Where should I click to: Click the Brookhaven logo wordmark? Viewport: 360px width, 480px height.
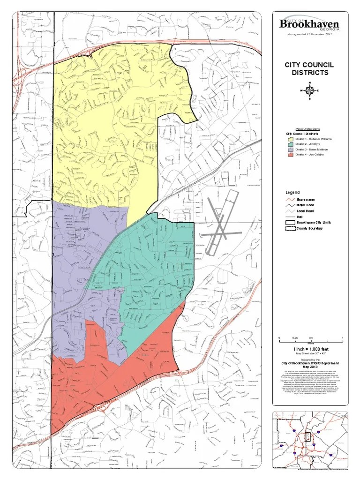coord(309,24)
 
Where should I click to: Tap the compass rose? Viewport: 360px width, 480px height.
coord(309,90)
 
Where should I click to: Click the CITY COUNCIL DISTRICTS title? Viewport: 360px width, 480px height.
coord(310,68)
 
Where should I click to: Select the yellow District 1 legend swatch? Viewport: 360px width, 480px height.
coord(291,139)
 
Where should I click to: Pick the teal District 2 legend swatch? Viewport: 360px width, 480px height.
coord(291,144)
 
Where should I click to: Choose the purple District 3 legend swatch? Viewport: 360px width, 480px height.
coord(291,150)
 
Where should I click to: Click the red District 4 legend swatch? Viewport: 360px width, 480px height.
coord(291,155)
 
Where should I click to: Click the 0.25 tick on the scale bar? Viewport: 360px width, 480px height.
coord(295,338)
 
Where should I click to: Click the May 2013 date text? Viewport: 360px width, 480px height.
coord(310,367)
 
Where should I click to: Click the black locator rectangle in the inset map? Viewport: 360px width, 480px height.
coord(307,437)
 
